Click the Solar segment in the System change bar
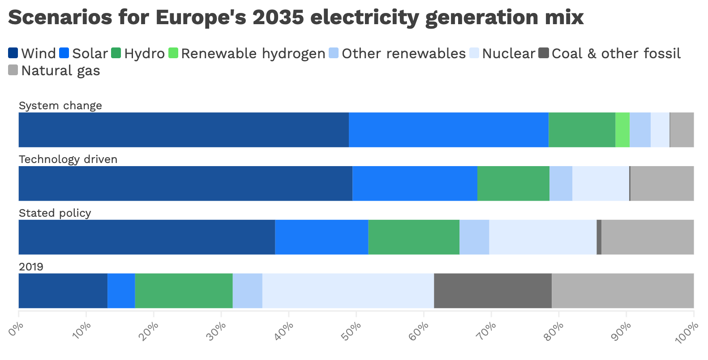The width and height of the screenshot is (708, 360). coord(449,130)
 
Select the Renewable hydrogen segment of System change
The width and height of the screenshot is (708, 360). coord(622,130)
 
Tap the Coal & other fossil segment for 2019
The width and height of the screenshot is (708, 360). coord(493,291)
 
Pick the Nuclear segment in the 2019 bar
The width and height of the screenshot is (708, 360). coord(348,291)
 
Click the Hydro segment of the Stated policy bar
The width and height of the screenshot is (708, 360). coord(414,237)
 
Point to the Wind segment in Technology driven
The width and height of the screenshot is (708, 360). coord(185,184)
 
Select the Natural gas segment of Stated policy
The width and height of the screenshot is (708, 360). coord(648,237)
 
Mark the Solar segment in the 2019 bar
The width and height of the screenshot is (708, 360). coord(121,291)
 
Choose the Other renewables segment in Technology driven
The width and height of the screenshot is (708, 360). coord(561,184)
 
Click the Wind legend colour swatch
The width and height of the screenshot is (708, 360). coord(13,53)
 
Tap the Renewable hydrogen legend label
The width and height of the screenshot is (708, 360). coord(253,54)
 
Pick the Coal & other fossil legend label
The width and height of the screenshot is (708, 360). coord(616,54)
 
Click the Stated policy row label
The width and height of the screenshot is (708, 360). coord(55,213)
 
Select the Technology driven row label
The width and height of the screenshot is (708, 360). coord(68,159)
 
